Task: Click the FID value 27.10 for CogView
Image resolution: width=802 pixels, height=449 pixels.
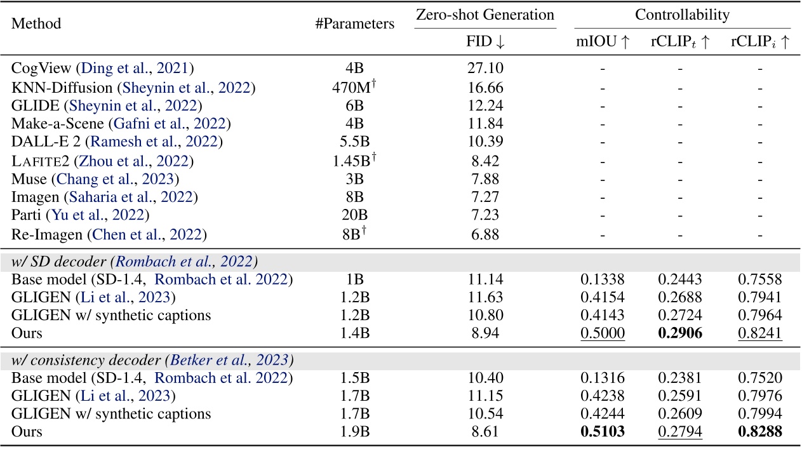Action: [485, 69]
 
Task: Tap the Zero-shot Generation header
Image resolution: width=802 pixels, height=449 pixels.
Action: [485, 15]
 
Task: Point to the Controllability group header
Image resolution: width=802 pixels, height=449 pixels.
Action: [683, 15]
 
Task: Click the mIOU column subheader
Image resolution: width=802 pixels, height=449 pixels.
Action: [603, 42]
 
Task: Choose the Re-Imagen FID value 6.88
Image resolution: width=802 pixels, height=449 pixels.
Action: [485, 234]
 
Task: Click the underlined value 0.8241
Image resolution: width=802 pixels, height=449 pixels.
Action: [759, 332]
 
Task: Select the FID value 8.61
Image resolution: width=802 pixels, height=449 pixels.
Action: [485, 432]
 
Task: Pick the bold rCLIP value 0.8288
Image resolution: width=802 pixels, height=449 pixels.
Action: [759, 432]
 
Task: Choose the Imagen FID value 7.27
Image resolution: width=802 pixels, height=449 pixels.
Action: [485, 197]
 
